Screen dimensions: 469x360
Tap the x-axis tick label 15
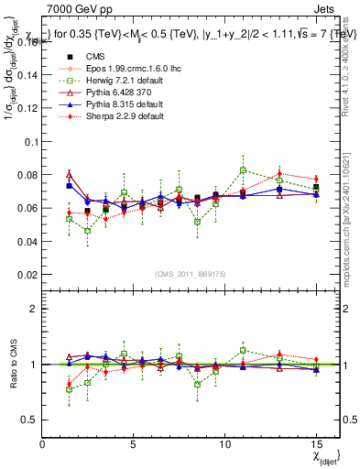tap(316, 444)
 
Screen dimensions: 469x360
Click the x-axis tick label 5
tap(133, 444)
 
